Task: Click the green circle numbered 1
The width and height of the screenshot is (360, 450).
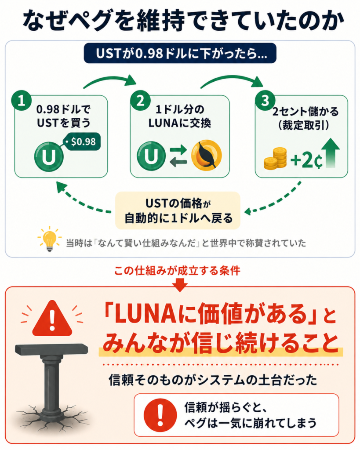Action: pyautogui.click(x=21, y=101)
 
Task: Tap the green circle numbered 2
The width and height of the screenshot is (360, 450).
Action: pyautogui.click(x=140, y=101)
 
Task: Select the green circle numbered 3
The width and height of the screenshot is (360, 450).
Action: pyautogui.click(x=265, y=101)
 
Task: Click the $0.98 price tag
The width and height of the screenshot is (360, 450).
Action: pyautogui.click(x=81, y=142)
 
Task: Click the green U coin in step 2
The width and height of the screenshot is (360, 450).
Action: pyautogui.click(x=151, y=156)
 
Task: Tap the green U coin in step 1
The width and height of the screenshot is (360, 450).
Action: pyautogui.click(x=49, y=157)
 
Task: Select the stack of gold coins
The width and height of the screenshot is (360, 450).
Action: pyautogui.click(x=275, y=158)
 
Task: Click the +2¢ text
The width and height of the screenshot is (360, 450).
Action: pyautogui.click(x=306, y=160)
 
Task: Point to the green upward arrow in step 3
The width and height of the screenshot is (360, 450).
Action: pyautogui.click(x=331, y=153)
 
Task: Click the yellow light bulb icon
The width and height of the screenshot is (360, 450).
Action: pyautogui.click(x=49, y=239)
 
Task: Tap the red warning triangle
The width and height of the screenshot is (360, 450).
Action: pyautogui.click(x=52, y=319)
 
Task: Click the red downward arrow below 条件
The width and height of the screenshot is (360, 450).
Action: pyautogui.click(x=180, y=285)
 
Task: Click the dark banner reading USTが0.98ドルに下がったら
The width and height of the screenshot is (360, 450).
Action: pyautogui.click(x=180, y=53)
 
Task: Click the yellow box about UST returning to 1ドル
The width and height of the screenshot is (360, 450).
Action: pyautogui.click(x=178, y=210)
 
